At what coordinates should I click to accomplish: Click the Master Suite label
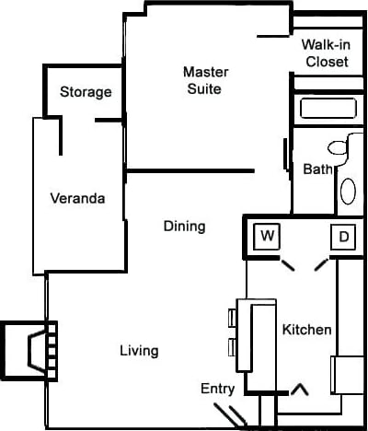(205, 80)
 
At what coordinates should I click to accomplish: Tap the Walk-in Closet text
(326, 53)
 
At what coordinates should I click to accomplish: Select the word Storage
(86, 92)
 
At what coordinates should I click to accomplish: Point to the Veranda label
(77, 198)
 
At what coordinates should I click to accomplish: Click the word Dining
(184, 226)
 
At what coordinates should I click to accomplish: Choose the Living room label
(139, 351)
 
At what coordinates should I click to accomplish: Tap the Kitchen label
(306, 330)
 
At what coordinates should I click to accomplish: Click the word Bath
(316, 169)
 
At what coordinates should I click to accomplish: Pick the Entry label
(218, 389)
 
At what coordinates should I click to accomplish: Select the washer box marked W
(268, 236)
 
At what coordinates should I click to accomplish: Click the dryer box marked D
(344, 237)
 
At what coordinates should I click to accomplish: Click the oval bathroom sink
(349, 191)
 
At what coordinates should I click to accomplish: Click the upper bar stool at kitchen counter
(233, 318)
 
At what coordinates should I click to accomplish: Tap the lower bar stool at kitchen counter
(233, 347)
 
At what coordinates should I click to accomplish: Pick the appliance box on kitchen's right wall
(350, 374)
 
